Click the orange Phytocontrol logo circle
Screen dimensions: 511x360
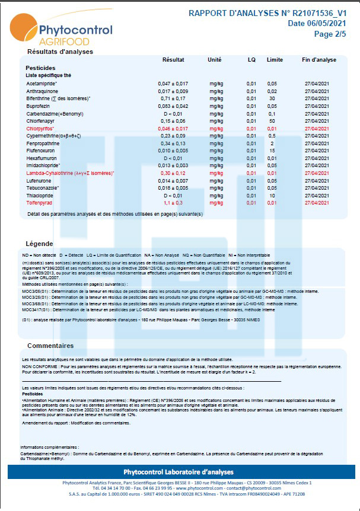(x=22, y=27)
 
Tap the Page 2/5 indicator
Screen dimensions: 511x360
(x=330, y=34)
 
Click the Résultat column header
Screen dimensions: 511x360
(x=173, y=60)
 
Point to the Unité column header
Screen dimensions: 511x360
(x=215, y=60)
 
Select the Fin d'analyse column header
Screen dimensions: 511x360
(x=319, y=60)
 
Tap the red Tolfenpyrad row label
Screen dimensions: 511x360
(x=40, y=203)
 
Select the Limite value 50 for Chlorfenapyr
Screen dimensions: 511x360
(x=272, y=121)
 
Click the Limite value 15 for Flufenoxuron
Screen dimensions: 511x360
(x=272, y=151)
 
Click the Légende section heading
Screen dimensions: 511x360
(x=40, y=244)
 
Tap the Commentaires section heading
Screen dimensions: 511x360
(x=50, y=346)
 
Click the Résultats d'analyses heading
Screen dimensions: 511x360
(x=60, y=52)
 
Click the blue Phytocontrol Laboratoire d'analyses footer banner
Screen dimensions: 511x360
(x=179, y=472)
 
